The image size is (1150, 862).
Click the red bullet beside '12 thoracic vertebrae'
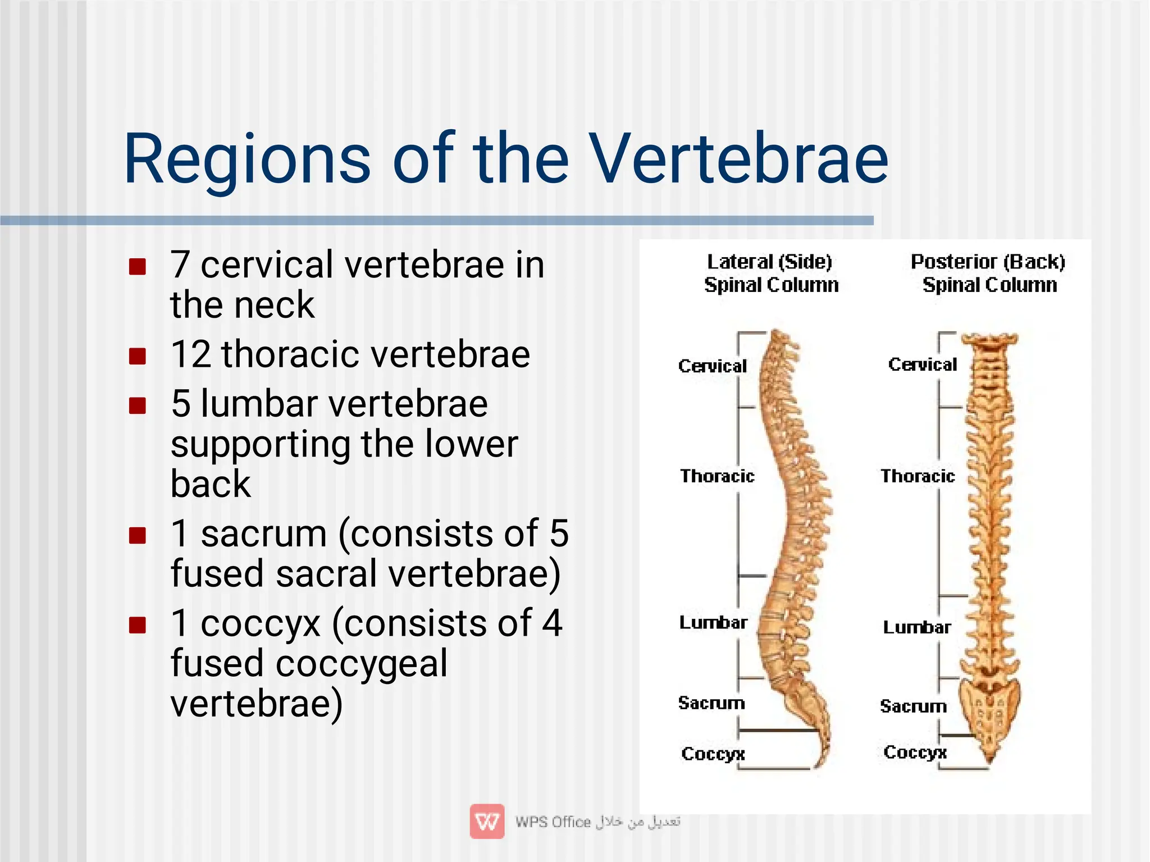coord(138,356)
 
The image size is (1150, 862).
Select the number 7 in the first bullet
coord(180,264)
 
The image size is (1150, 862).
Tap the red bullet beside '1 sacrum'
coord(138,535)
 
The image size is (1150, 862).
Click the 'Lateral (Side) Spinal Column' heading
coord(770,273)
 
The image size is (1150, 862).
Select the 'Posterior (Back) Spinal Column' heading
coord(988,273)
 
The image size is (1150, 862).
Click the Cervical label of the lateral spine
coord(713,366)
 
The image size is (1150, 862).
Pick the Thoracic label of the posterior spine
coord(918,476)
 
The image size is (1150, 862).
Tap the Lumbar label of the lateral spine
coord(713,622)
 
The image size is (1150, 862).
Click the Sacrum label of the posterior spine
coord(913,706)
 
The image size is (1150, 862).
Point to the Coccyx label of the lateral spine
coord(713,754)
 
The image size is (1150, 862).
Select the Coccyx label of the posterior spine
coord(915,752)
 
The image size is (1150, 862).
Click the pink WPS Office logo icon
coord(487,821)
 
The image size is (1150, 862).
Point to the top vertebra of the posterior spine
coord(989,340)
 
